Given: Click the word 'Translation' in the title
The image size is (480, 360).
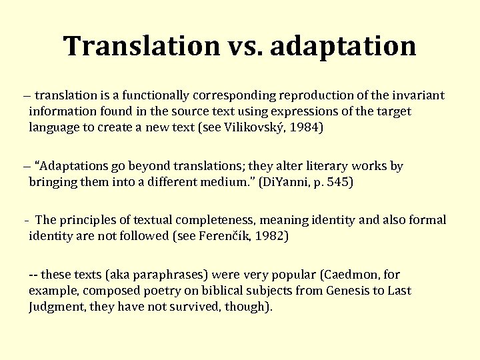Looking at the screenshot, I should tap(141, 46).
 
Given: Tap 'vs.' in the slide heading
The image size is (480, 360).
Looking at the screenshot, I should tap(245, 46).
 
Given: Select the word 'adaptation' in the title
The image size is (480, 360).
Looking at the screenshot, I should tap(343, 46).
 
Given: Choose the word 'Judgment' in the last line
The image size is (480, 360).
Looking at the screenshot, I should tap(57, 307).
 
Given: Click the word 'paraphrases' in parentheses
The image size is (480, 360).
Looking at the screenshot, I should tap(145, 274).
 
